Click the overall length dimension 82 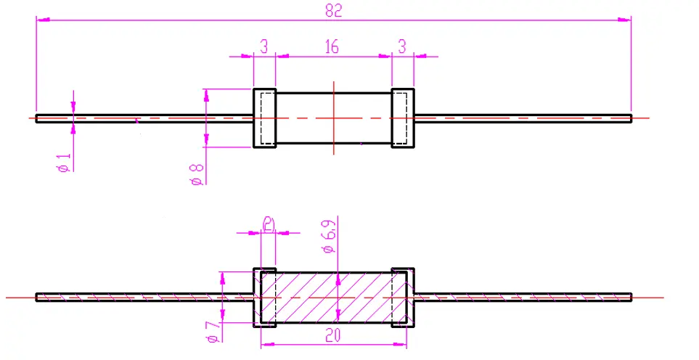pyautogui.click(x=333, y=10)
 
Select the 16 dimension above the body pyautogui.click(x=332, y=47)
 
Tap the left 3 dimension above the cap pyautogui.click(x=264, y=47)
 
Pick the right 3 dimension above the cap pyautogui.click(x=401, y=47)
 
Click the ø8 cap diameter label pyautogui.click(x=195, y=174)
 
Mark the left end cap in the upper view pyautogui.click(x=264, y=118)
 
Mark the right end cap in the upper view pyautogui.click(x=403, y=118)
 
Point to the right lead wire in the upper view pyautogui.click(x=523, y=118)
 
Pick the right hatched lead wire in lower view pyautogui.click(x=523, y=297)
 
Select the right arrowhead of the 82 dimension pyautogui.click(x=626, y=20)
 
